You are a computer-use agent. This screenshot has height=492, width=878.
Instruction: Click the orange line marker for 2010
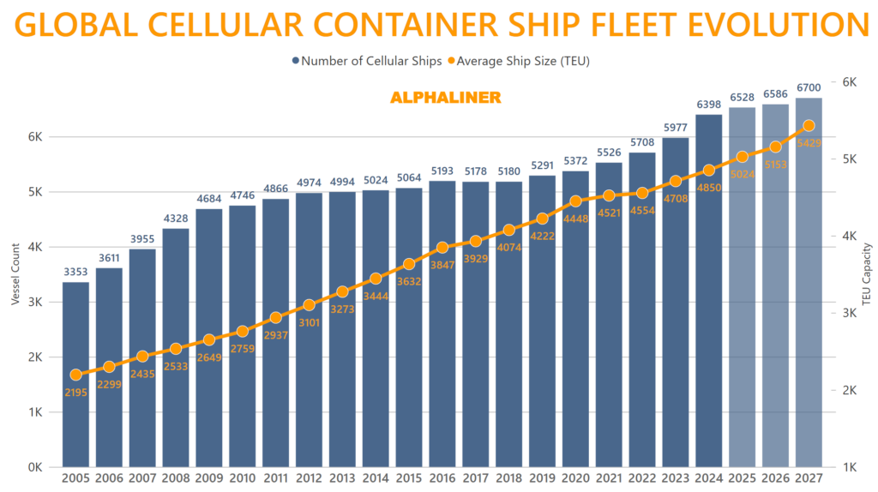point(242,331)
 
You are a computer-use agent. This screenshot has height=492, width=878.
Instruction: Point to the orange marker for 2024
point(708,170)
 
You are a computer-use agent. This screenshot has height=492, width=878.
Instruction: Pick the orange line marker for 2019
point(542,219)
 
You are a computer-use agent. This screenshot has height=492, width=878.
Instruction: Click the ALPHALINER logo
point(445,98)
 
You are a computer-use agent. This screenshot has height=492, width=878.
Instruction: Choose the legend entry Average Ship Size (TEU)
point(522,61)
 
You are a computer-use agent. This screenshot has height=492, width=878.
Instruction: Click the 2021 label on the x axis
point(608,478)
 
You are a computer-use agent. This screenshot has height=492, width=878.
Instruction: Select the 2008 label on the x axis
point(175,478)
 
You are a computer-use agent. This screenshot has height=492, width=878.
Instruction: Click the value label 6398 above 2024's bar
point(708,105)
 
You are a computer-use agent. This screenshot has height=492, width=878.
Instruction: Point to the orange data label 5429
point(809,142)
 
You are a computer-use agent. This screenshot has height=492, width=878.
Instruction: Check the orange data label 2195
point(75,392)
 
